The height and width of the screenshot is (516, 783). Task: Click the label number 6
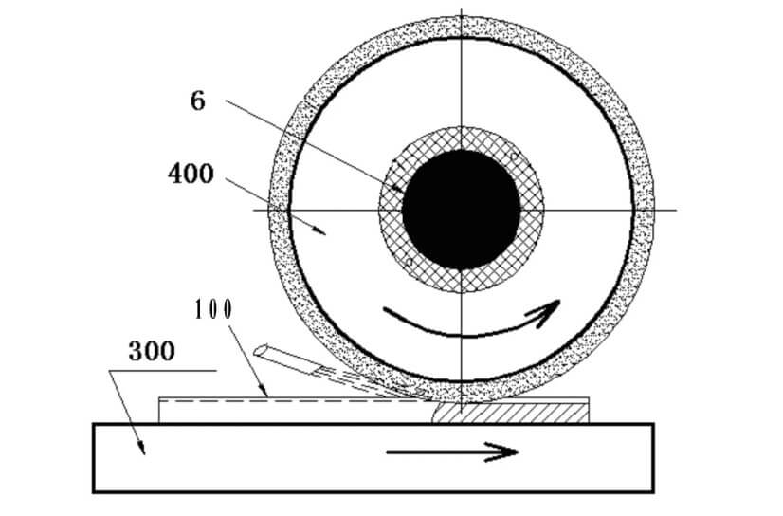[x=198, y=101]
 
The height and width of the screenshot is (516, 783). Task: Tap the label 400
[x=191, y=175]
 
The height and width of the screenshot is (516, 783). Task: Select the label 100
[x=213, y=309]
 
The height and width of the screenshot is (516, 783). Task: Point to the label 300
[x=152, y=351]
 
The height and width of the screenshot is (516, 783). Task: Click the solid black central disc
[x=462, y=210]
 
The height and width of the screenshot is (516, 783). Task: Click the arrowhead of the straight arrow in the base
[x=503, y=452]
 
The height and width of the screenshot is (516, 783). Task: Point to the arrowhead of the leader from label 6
[x=399, y=190]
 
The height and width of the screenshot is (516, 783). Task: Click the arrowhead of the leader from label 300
[x=142, y=448]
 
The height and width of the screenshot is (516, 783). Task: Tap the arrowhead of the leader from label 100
[x=264, y=391]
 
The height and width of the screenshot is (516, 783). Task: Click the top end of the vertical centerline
[x=462, y=9]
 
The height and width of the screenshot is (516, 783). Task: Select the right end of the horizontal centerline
[x=677, y=210]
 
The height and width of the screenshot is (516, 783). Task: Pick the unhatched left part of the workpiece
[x=296, y=412]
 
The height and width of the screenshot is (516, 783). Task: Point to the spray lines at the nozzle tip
[x=370, y=383]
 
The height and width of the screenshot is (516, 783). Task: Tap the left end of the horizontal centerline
[x=254, y=210]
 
